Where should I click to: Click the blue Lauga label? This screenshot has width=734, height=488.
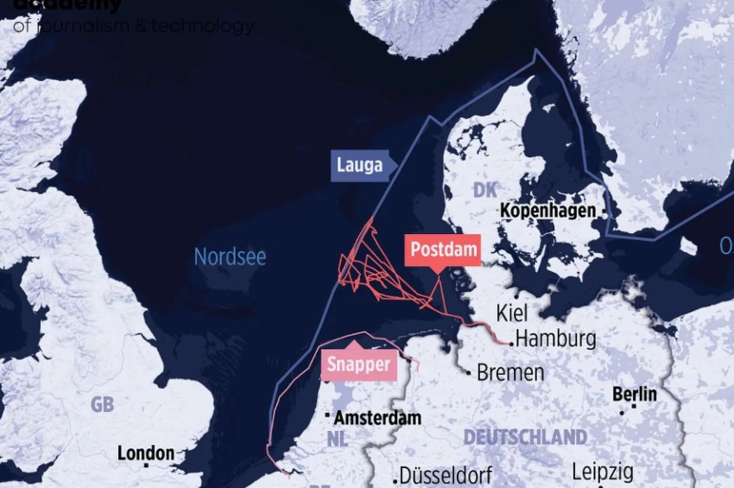pyautogui.click(x=360, y=166)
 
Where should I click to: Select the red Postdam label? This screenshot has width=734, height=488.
pyautogui.click(x=443, y=250)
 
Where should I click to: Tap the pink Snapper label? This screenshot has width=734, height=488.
pyautogui.click(x=358, y=364)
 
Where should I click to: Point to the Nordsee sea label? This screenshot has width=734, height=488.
pyautogui.click(x=230, y=257)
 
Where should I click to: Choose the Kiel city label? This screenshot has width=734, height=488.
pyautogui.click(x=512, y=313)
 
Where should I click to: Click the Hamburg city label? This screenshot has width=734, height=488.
pyautogui.click(x=555, y=338)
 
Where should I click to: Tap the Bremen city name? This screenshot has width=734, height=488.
pyautogui.click(x=510, y=373)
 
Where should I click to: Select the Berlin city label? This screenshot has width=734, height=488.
pyautogui.click(x=635, y=394)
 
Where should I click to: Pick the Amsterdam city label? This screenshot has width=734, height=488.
pyautogui.click(x=377, y=418)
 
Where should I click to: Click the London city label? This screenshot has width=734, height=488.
pyautogui.click(x=146, y=453)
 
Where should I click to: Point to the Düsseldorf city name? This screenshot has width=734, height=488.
pyautogui.click(x=446, y=475)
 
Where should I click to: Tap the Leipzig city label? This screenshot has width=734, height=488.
pyautogui.click(x=603, y=472)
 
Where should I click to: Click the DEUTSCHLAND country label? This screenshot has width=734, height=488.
pyautogui.click(x=525, y=437)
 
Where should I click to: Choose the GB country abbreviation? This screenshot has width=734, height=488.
pyautogui.click(x=102, y=404)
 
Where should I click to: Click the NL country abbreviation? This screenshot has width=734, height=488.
pyautogui.click(x=338, y=439)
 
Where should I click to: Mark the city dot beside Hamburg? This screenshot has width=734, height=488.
pyautogui.click(x=512, y=343)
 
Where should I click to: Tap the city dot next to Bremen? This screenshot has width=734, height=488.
pyautogui.click(x=469, y=373)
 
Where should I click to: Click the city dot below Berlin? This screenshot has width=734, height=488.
pyautogui.click(x=622, y=412)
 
